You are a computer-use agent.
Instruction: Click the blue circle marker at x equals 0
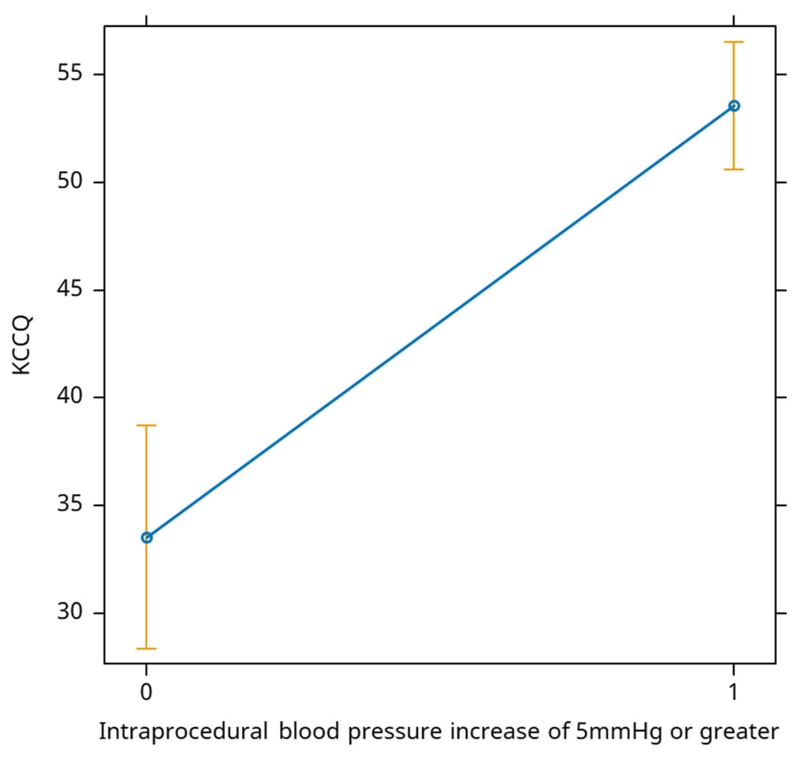point(146,537)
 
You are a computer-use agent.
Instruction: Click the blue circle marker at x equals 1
point(734,106)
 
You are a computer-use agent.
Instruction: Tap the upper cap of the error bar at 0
point(146,425)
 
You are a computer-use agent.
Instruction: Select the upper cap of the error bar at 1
point(734,42)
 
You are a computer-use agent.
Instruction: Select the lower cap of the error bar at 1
point(734,169)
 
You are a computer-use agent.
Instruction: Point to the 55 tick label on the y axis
point(69,75)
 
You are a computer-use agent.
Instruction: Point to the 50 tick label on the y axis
point(69,182)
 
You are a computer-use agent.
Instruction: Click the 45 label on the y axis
point(69,290)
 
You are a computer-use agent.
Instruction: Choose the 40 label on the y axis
point(69,398)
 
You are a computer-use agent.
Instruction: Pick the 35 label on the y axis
point(69,505)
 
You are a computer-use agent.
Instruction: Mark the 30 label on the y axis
point(69,613)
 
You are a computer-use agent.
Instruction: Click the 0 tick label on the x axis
point(146,692)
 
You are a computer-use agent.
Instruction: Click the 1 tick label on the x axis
point(733,692)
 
